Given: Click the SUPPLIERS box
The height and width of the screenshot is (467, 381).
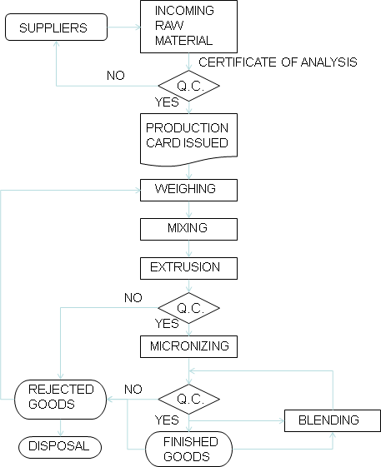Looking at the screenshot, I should [57, 28].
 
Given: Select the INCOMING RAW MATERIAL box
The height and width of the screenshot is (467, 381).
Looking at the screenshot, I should [188, 26].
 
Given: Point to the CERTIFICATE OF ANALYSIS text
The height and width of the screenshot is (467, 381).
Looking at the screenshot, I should [278, 62].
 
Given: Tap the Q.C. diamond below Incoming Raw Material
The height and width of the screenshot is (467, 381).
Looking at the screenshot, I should [188, 85].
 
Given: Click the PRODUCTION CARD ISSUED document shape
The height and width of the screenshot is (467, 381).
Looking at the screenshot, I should [188, 136].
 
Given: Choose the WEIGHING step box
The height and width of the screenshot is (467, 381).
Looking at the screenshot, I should [188, 189].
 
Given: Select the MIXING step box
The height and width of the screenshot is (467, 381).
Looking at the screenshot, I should [188, 227].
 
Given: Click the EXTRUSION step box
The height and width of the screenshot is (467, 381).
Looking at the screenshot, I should [188, 267].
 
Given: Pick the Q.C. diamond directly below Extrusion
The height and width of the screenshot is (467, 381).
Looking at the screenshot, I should [188, 306].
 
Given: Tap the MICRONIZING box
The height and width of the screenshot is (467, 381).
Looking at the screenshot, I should [188, 345].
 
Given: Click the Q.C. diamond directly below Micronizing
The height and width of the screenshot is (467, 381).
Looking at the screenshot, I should [188, 399].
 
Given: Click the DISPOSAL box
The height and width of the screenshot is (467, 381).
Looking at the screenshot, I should [59, 445].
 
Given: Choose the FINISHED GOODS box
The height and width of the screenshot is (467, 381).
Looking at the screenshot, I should [189, 449].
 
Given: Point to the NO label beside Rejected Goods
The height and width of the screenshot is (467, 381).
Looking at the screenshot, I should [133, 390].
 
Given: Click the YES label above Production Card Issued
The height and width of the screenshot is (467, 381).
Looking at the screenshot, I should [168, 102].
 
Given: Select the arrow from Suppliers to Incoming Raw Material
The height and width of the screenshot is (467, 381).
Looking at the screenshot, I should [123, 28].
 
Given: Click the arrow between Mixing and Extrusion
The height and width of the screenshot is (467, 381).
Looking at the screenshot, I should [189, 247].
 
